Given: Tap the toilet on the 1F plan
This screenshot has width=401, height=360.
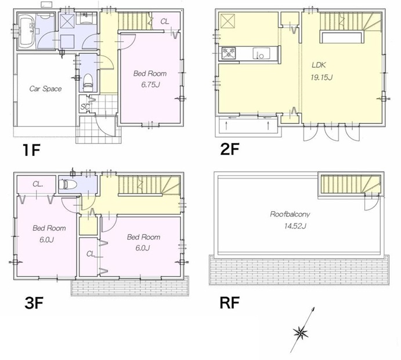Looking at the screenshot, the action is click(88, 80).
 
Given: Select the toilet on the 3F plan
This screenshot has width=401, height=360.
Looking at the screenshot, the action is click(67, 184).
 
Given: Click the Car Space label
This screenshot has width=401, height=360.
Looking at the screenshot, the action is click(45, 89).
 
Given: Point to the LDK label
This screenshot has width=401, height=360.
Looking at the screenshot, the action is click(319, 65).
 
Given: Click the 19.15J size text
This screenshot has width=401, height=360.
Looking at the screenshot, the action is click(321, 77).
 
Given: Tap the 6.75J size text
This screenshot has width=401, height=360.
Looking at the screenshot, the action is click(151, 84).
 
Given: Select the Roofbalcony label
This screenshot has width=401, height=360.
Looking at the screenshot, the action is click(290, 214).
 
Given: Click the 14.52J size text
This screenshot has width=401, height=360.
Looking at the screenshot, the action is click(295, 226).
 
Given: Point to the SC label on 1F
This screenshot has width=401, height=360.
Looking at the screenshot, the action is click(85, 107).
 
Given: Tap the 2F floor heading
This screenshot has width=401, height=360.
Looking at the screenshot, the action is click(230, 149).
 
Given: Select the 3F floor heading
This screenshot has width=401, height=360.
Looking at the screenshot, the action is click(34, 303).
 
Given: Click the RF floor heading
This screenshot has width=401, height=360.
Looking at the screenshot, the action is click(230, 303).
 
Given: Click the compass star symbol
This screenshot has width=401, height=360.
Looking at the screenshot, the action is click(301, 333).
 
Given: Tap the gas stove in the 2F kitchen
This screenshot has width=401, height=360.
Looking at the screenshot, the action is click(229, 53).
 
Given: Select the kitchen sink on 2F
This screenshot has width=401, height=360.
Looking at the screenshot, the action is click(261, 53).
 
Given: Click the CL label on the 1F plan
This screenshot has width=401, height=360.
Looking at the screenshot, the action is click(165, 21).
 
